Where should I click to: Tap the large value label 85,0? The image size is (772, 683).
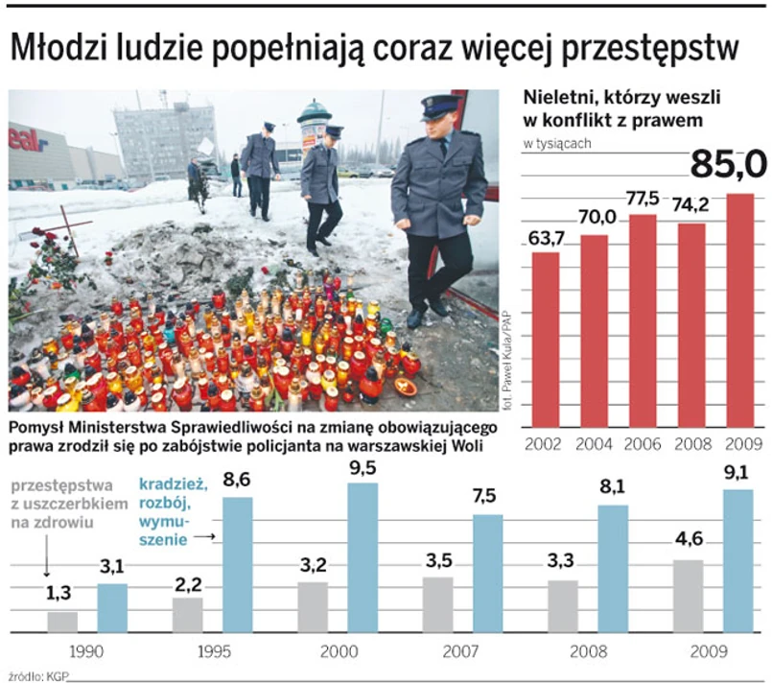728,165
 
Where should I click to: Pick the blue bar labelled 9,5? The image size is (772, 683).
363,557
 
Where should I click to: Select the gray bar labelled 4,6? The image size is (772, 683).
688,596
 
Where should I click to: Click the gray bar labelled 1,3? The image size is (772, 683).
62,622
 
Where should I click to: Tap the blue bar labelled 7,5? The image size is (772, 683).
487,573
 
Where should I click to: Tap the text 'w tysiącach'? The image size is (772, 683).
556,144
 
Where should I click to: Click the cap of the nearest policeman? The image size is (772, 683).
438,105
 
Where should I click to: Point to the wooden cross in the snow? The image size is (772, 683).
67,229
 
